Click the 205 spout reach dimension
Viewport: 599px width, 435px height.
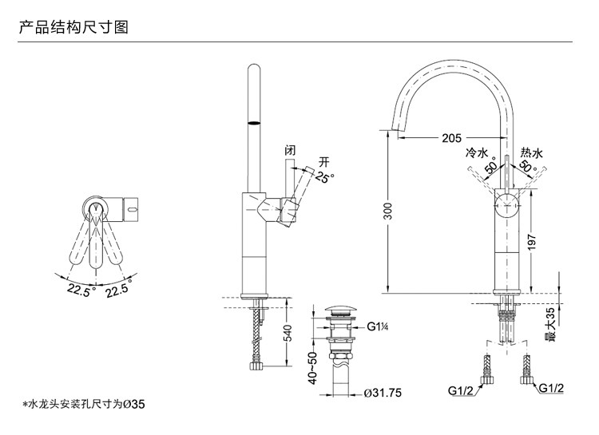(451, 137)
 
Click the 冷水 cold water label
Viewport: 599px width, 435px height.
(476, 151)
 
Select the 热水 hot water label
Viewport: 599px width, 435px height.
(531, 151)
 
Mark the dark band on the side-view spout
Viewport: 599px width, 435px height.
(254, 124)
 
